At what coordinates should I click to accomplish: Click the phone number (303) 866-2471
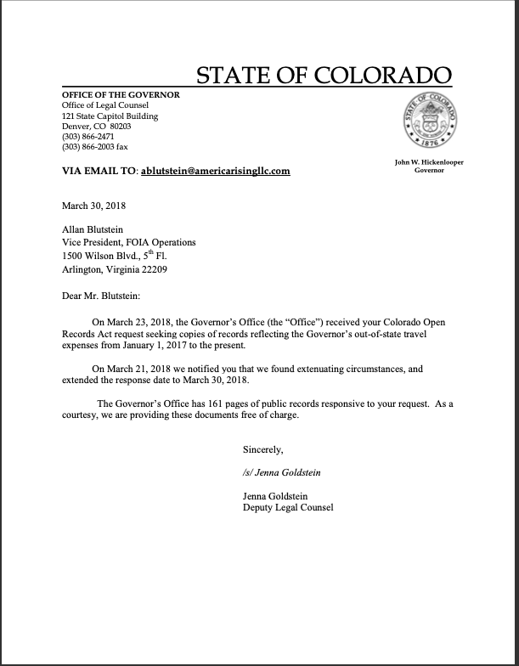click(x=88, y=136)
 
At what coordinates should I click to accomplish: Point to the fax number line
click(x=95, y=147)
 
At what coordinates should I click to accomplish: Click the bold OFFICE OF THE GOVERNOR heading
click(x=121, y=94)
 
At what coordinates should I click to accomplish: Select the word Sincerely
click(x=263, y=448)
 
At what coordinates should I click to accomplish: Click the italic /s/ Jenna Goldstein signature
click(x=282, y=472)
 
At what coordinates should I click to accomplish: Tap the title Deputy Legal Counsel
click(x=288, y=508)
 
